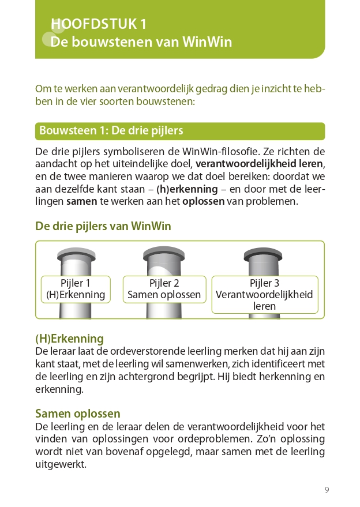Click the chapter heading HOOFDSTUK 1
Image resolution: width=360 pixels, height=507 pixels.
tap(98, 24)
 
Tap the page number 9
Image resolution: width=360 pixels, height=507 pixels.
tap(327, 490)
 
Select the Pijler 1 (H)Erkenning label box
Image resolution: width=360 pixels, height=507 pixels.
tap(76, 289)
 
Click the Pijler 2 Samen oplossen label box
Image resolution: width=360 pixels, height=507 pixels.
tap(164, 289)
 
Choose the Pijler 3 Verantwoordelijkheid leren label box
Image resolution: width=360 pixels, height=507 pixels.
tap(265, 294)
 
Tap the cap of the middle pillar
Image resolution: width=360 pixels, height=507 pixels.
tap(164, 252)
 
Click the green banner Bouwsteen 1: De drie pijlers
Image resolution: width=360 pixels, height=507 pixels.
tap(179, 131)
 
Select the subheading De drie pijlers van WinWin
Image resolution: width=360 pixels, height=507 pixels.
tap(103, 226)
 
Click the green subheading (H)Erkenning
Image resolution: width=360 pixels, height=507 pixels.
tap(69, 339)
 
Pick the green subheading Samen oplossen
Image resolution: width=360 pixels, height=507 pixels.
tap(78, 414)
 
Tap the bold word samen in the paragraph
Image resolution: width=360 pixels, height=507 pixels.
tap(81, 202)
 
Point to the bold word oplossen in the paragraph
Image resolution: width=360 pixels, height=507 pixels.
tap(203, 202)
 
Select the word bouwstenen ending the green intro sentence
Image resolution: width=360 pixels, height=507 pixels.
tap(169, 102)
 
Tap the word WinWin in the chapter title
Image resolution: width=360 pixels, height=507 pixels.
tap(207, 42)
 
